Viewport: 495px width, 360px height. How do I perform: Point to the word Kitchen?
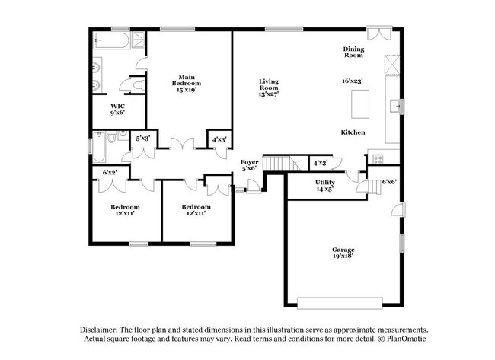353,132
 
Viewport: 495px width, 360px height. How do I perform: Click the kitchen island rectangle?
359,101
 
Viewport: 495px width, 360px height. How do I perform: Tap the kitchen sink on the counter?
394,106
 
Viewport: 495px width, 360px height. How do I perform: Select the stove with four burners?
378,158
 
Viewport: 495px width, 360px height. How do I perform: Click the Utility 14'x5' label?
325,185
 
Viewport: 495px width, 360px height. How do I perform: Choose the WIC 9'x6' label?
117,109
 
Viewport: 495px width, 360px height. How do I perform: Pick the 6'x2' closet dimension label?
110,173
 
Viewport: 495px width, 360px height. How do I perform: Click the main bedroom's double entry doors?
181,143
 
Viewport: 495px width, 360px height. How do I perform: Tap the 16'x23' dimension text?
352,80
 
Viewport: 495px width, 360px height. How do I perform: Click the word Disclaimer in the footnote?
104,329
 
